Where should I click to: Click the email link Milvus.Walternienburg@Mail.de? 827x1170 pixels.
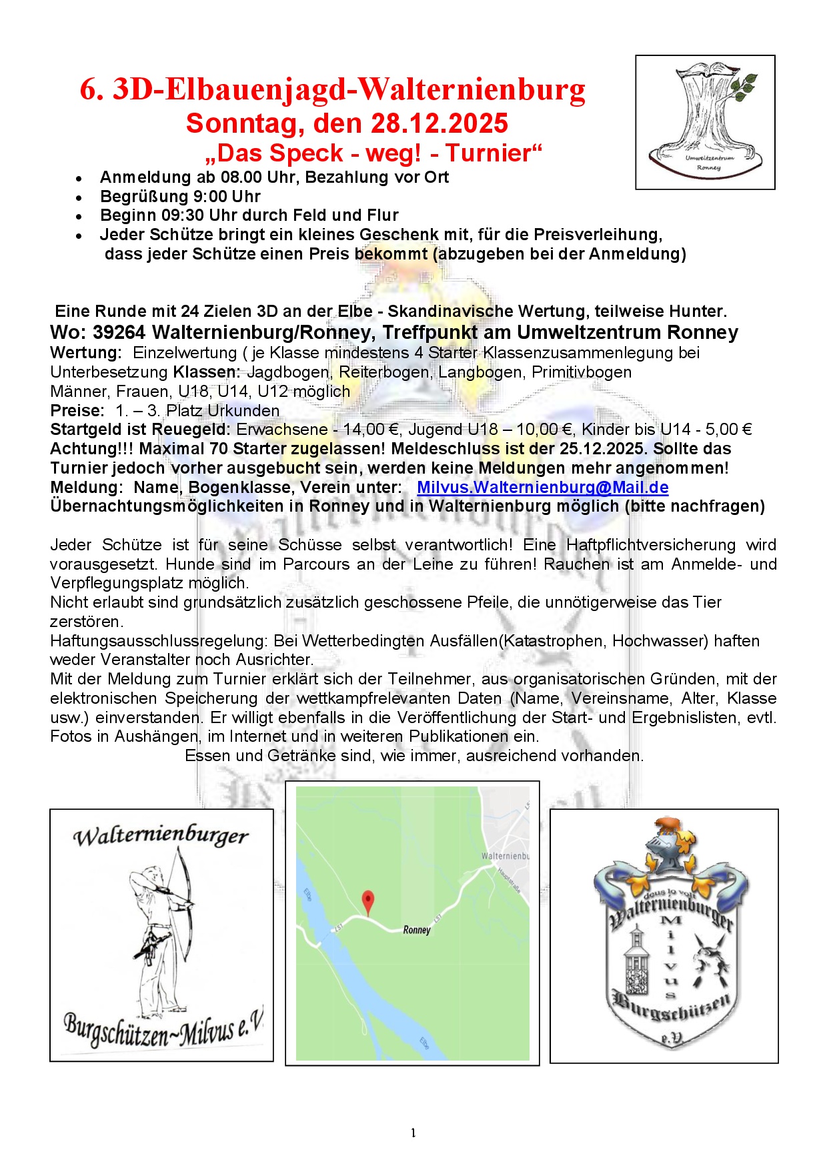coord(542,488)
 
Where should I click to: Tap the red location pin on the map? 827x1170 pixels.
coord(367,901)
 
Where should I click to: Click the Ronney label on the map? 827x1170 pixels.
coord(417,930)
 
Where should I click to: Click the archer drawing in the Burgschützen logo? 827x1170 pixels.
coord(157,927)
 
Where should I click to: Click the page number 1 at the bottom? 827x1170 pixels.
coord(414,1133)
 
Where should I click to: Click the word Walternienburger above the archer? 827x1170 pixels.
coord(161,836)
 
